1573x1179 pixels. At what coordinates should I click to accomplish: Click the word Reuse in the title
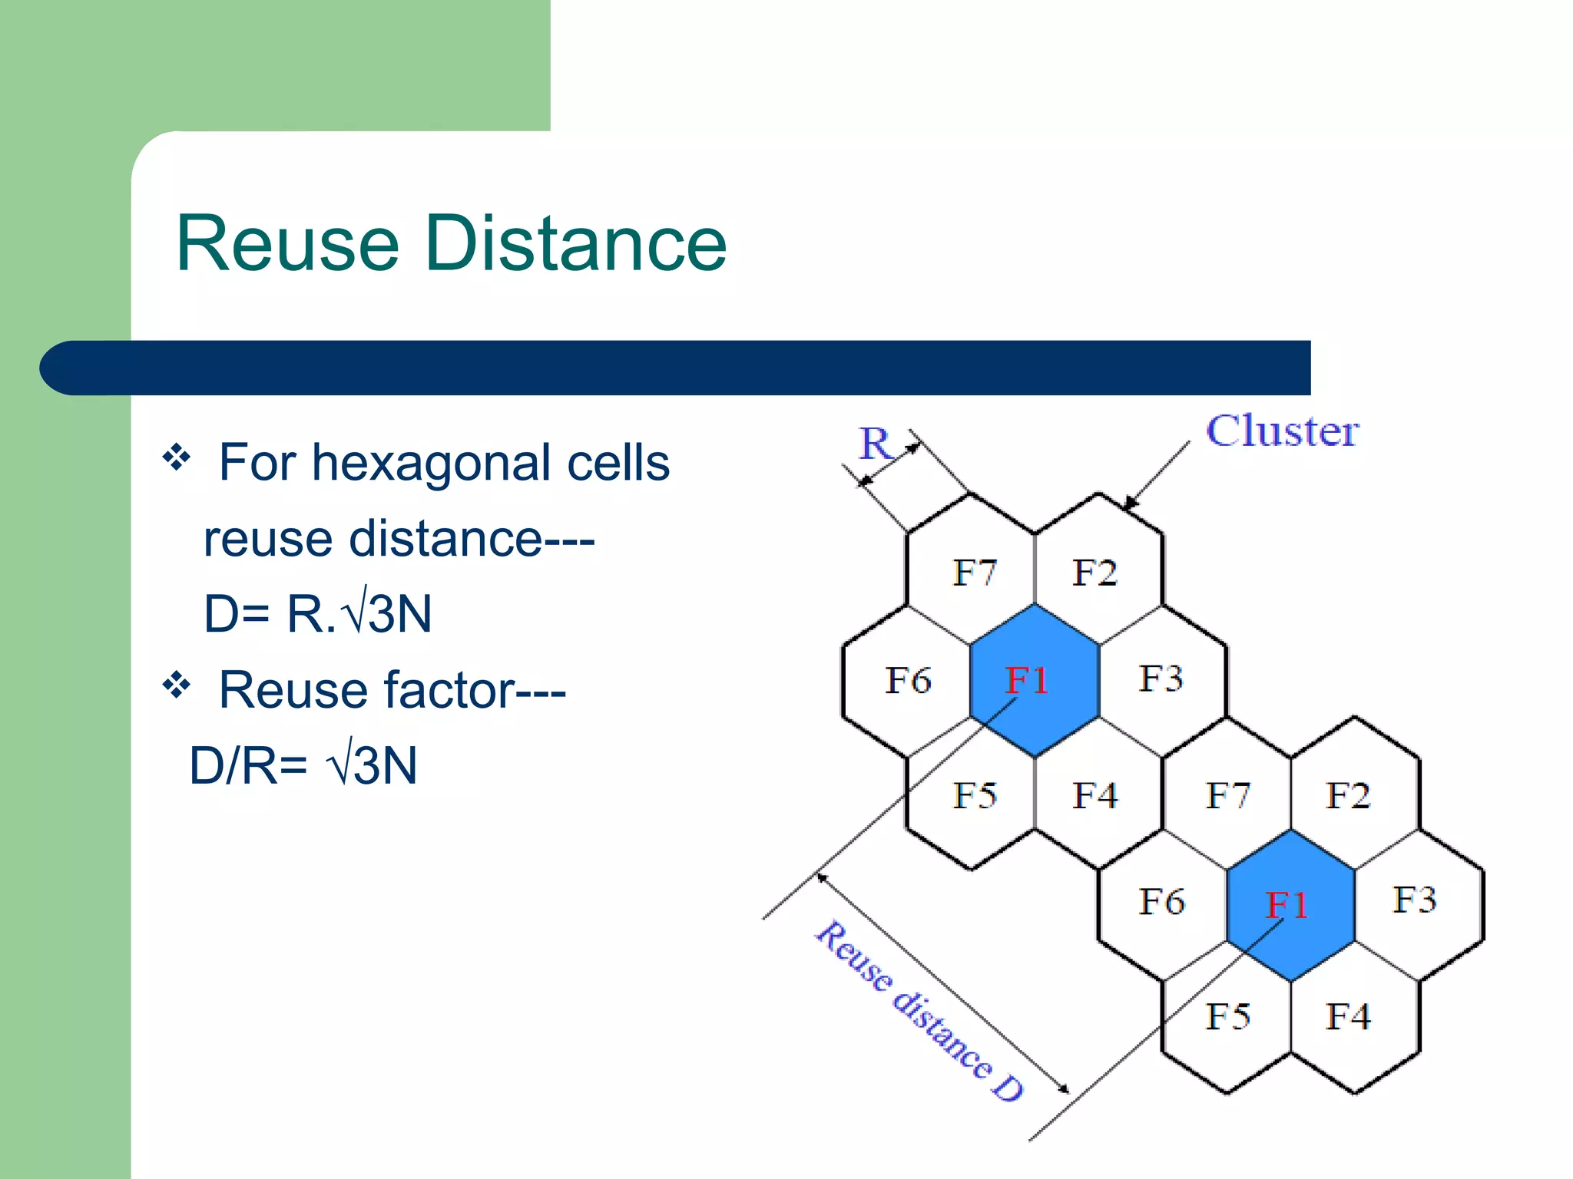click(x=288, y=243)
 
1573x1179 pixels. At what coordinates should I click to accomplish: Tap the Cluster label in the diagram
click(x=1282, y=431)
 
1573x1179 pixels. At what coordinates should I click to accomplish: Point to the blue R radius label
click(x=875, y=444)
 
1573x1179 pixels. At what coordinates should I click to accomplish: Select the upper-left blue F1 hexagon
click(x=1034, y=680)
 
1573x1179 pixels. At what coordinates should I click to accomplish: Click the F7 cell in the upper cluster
click(x=974, y=573)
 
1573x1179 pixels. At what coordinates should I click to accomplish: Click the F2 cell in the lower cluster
click(x=1348, y=795)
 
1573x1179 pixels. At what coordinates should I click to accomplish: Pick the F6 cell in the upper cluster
click(x=908, y=680)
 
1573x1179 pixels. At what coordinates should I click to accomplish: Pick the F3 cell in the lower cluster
click(x=1414, y=900)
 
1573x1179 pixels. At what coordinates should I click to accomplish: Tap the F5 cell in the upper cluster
click(x=974, y=795)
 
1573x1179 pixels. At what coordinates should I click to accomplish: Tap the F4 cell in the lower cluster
click(x=1348, y=1016)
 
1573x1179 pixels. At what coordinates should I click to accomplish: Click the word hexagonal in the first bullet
click(x=435, y=463)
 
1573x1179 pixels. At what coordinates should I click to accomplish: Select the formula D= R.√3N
click(x=317, y=614)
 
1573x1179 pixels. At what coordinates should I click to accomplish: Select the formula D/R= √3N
click(x=303, y=765)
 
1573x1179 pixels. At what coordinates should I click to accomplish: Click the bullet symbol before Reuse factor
click(x=176, y=684)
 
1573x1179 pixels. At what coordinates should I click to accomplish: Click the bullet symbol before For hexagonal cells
click(x=176, y=457)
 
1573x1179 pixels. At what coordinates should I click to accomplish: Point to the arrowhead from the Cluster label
click(x=1128, y=504)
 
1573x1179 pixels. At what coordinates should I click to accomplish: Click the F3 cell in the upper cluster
click(x=1161, y=679)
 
